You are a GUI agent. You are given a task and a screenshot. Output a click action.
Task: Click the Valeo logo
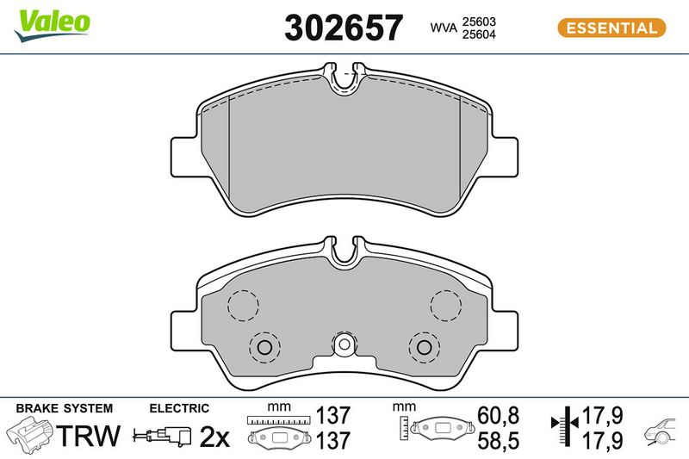(52, 25)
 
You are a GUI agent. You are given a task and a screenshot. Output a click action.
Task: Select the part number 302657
(343, 28)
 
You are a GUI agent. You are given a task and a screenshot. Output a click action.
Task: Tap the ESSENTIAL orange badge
(611, 28)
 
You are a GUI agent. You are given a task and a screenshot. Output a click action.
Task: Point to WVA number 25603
(479, 22)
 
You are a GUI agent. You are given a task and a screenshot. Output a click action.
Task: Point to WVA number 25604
(479, 34)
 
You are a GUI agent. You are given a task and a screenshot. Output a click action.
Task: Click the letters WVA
(444, 28)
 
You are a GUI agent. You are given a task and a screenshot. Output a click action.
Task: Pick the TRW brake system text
(89, 435)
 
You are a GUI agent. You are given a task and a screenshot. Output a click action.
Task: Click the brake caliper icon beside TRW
(30, 435)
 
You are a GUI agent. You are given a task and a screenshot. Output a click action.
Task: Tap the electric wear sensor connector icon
(162, 436)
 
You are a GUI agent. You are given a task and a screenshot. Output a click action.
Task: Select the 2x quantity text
(214, 437)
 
